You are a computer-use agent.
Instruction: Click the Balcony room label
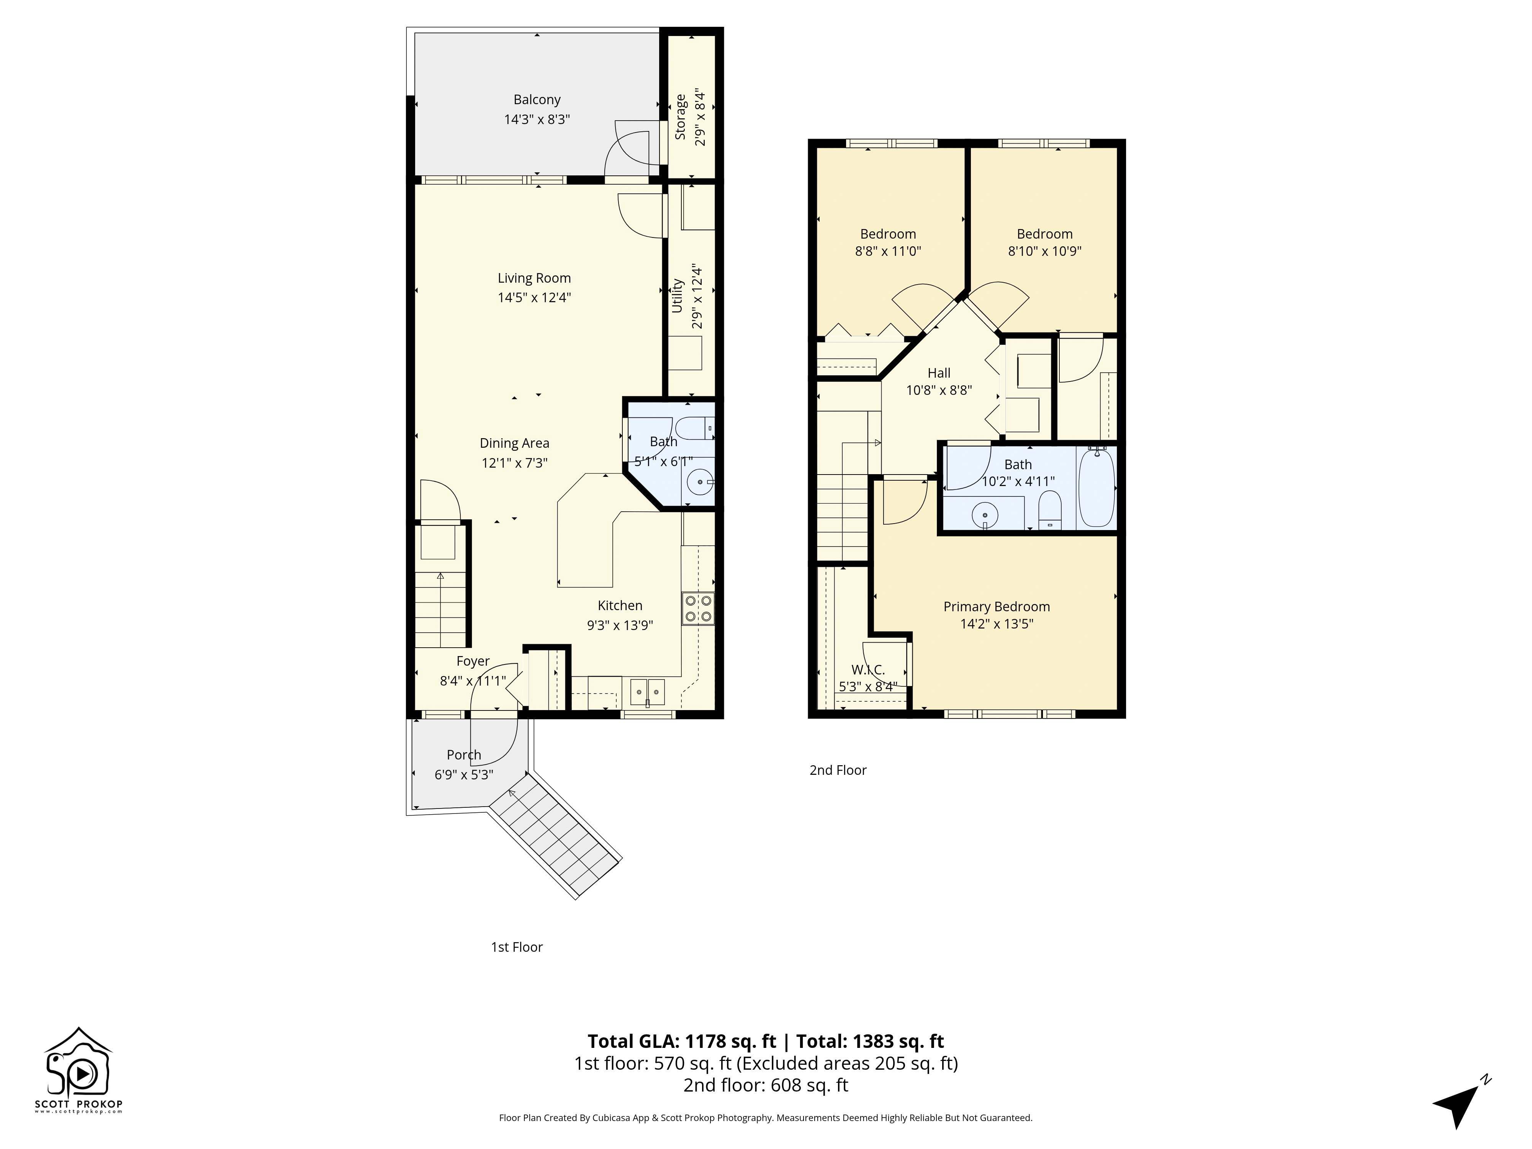536,100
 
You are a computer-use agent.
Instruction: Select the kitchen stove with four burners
697,609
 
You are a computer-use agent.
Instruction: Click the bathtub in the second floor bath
1097,487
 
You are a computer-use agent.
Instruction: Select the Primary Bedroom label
996,607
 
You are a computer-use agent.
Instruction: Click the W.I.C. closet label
868,670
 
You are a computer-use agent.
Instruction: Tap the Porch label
463,755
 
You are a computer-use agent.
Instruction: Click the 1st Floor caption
517,947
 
